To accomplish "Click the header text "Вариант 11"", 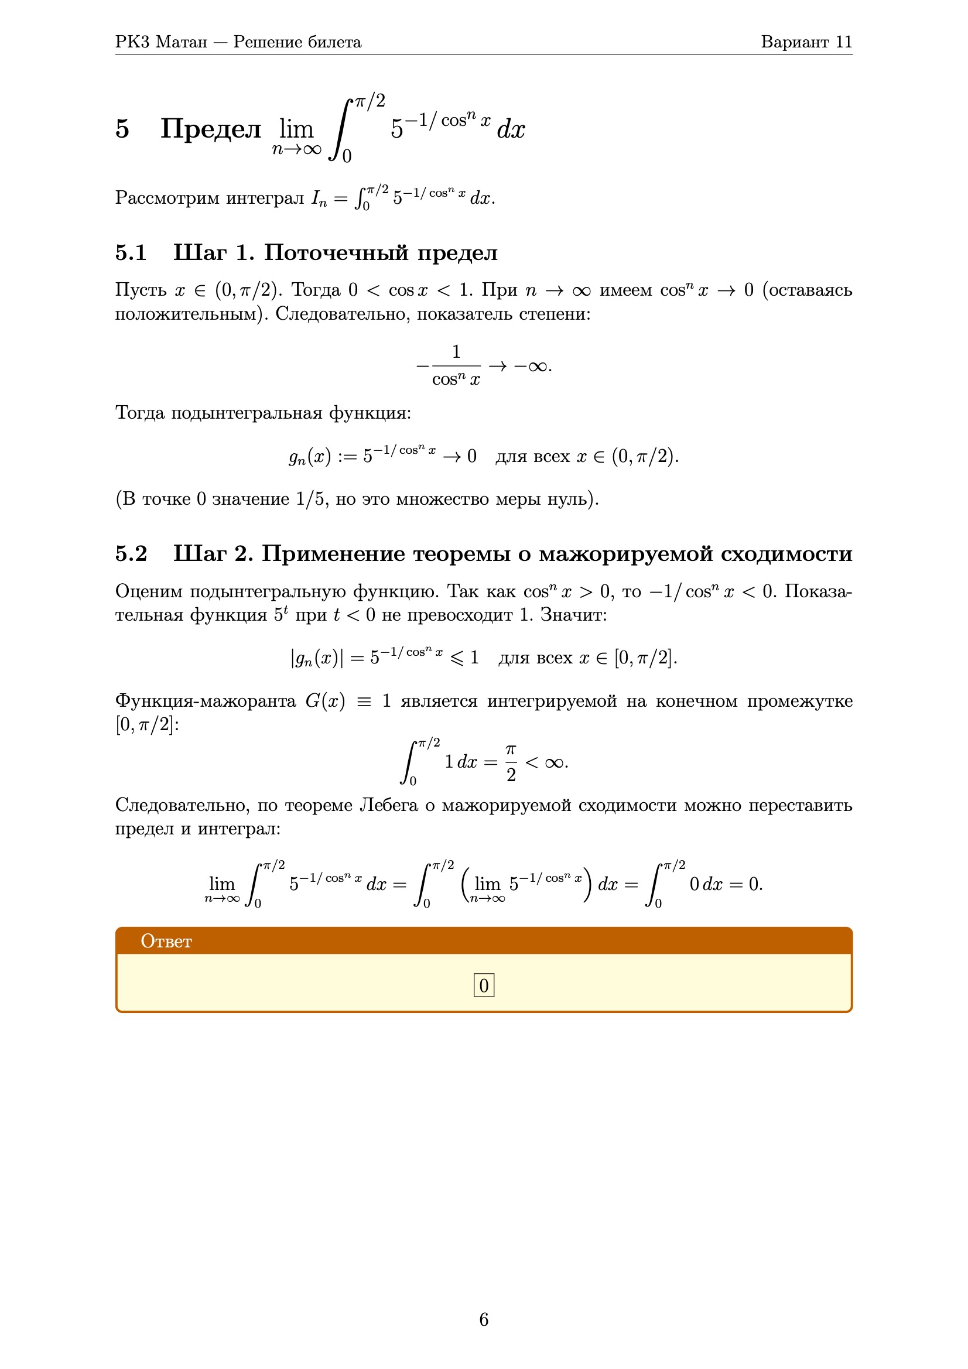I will point(806,42).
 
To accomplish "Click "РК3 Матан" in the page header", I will point(161,42).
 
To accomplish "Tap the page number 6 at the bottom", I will point(484,1319).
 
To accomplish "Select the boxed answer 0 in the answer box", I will point(484,985).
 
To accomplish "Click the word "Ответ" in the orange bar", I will point(166,941).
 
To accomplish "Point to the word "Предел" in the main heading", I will point(211,129).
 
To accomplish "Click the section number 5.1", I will point(131,253).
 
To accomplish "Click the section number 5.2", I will point(131,554).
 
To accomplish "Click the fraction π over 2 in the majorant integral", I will point(511,762).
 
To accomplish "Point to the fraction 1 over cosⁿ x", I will point(456,365).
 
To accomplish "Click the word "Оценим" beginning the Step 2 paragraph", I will point(149,591).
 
